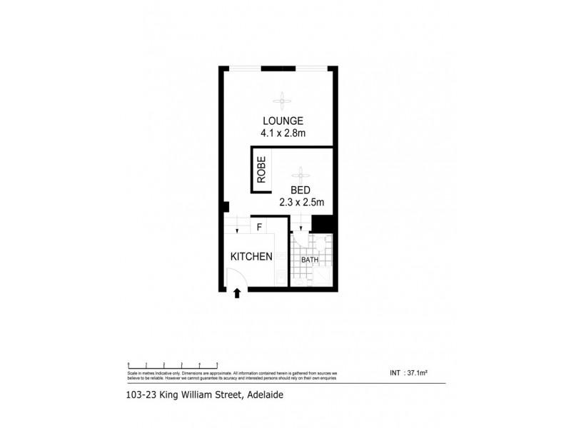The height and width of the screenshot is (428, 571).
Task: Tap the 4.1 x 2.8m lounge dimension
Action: click(x=283, y=132)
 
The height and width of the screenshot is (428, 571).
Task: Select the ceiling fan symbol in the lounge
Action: click(x=283, y=99)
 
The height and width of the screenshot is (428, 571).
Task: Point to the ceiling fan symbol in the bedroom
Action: click(x=300, y=172)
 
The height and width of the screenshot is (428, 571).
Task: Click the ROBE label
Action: click(x=262, y=170)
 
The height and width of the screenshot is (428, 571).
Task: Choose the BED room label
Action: click(x=300, y=190)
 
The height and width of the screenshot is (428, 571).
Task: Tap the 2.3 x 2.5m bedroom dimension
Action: click(x=301, y=203)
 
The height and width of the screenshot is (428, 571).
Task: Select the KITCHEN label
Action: click(x=251, y=256)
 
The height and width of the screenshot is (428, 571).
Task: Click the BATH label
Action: click(x=309, y=260)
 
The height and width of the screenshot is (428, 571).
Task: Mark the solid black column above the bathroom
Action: click(x=324, y=223)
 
